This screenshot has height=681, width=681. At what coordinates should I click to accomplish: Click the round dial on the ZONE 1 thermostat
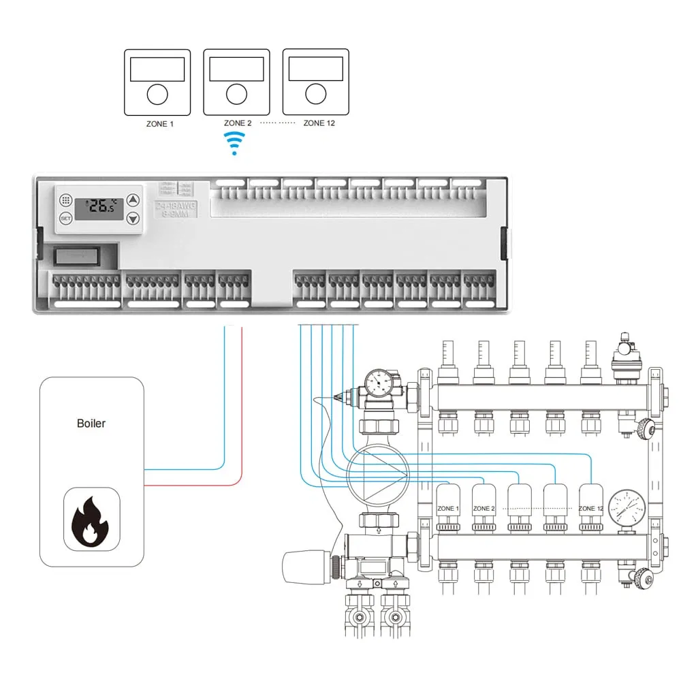pyautogui.click(x=157, y=95)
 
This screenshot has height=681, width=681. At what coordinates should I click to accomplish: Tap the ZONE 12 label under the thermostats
pyautogui.click(x=319, y=123)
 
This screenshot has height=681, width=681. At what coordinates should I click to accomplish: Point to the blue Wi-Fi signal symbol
pyautogui.click(x=235, y=142)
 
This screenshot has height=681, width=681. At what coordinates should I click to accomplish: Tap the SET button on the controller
pyautogui.click(x=65, y=219)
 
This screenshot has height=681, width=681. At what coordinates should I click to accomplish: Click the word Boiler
pyautogui.click(x=91, y=424)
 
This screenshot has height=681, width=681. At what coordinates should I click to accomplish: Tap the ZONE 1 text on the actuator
pyautogui.click(x=447, y=509)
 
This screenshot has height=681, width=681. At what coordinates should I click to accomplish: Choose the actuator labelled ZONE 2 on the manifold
pyautogui.click(x=484, y=507)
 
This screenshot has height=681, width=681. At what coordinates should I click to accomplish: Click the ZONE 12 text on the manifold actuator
pyautogui.click(x=590, y=509)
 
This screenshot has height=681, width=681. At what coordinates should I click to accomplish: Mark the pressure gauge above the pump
pyautogui.click(x=378, y=383)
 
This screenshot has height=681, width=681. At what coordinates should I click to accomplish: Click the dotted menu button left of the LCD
pyautogui.click(x=65, y=201)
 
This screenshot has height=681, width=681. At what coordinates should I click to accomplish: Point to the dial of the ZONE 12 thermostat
pyautogui.click(x=315, y=95)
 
